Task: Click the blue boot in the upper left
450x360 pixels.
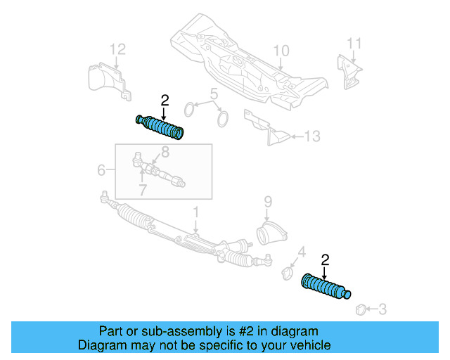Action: click(x=160, y=127)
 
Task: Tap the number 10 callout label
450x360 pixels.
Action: click(x=281, y=51)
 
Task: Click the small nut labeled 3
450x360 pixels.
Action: click(x=360, y=308)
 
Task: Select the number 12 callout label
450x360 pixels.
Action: click(x=118, y=49)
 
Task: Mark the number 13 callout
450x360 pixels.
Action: click(x=313, y=136)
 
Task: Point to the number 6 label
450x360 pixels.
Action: click(x=101, y=169)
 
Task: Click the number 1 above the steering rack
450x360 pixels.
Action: click(x=196, y=211)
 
